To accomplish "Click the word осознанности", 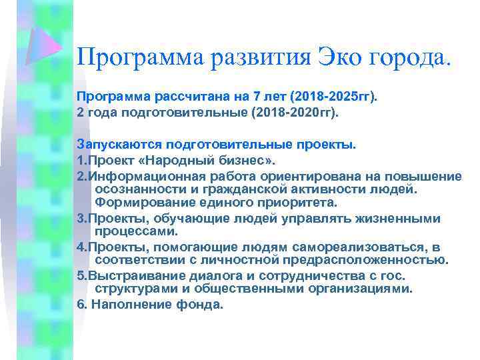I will (x=141, y=189).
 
